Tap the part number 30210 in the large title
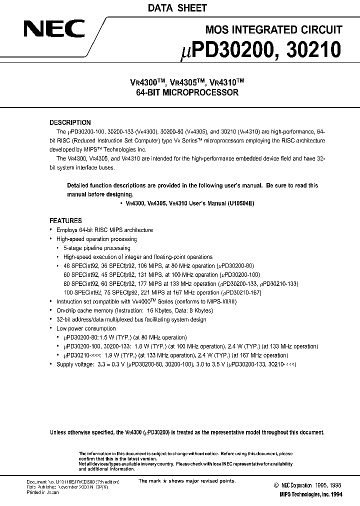(x=315, y=49)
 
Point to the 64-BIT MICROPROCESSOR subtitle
(x=180, y=92)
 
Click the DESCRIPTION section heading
(x=70, y=122)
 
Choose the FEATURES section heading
(x=65, y=220)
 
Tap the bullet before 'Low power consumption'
(x=51, y=328)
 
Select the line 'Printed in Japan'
(x=42, y=492)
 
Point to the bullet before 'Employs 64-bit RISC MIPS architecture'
(x=51, y=230)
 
